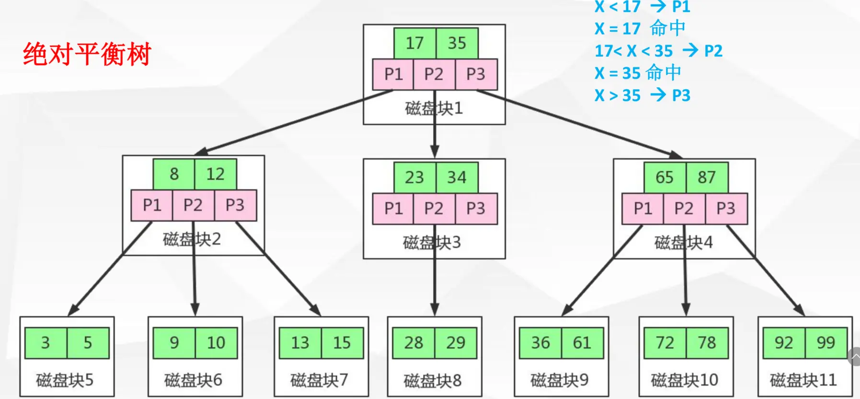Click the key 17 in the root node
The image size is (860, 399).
pyautogui.click(x=414, y=43)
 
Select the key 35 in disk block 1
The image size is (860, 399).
pyautogui.click(x=457, y=43)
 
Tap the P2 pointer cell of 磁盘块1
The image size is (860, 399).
pyautogui.click(x=434, y=74)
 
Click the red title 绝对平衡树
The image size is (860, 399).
pyautogui.click(x=87, y=54)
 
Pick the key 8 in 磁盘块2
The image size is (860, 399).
pyautogui.click(x=174, y=174)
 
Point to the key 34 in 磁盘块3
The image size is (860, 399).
pyautogui.click(x=457, y=177)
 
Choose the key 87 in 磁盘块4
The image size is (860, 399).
pyautogui.click(x=707, y=177)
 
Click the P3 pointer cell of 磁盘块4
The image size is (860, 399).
pyautogui.click(x=726, y=209)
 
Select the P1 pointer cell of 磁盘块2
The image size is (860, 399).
pyautogui.click(x=152, y=205)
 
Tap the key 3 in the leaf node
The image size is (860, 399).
pyautogui.click(x=46, y=343)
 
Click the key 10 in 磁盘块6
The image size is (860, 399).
pyautogui.click(x=216, y=343)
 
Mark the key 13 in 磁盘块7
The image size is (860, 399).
pyautogui.click(x=300, y=343)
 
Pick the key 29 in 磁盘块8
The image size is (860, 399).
pyautogui.click(x=456, y=343)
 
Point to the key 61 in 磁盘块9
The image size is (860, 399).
pyautogui.click(x=582, y=343)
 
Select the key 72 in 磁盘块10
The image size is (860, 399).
pyautogui.click(x=665, y=343)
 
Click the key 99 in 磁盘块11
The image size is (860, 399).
pyautogui.click(x=826, y=343)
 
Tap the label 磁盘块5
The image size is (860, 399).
pyautogui.click(x=65, y=380)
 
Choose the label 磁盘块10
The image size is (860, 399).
pyautogui.click(x=684, y=380)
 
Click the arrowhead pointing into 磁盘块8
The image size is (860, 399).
pyautogui.click(x=435, y=309)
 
